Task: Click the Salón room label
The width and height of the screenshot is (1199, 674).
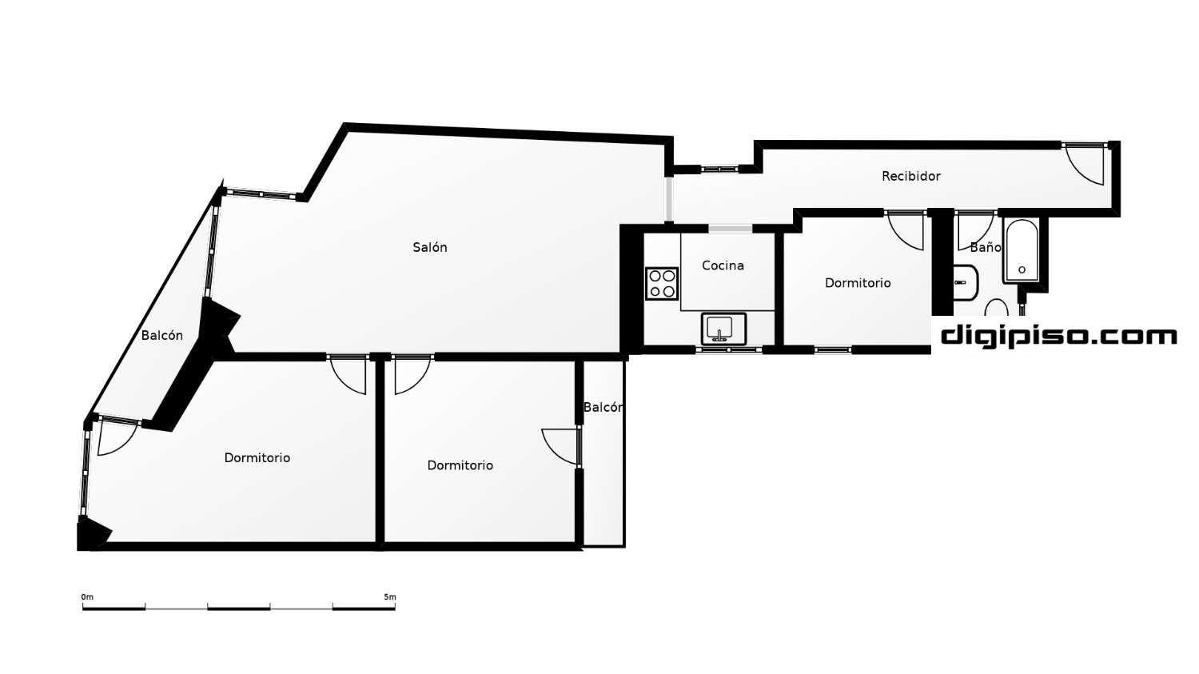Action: (430, 247)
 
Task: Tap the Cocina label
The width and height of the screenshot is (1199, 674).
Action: (723, 265)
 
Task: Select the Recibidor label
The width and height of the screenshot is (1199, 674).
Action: (911, 176)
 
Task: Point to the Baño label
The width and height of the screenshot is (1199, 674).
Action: (986, 247)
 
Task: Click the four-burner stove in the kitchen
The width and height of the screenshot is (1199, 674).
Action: (662, 284)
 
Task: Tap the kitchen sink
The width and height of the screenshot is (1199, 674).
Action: (723, 329)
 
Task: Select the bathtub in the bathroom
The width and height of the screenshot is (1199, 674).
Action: (1022, 250)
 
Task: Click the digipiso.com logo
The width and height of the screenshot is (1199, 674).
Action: (1059, 337)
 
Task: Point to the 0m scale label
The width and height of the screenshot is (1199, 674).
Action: (87, 597)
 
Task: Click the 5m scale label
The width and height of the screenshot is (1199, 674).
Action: (390, 597)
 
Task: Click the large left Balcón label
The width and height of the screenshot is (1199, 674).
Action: (161, 336)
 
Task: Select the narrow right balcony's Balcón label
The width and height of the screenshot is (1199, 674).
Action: (603, 408)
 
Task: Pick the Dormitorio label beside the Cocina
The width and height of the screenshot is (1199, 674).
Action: (858, 283)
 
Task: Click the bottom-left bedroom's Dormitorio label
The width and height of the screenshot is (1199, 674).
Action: (257, 457)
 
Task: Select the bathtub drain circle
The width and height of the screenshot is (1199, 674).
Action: (1022, 269)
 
